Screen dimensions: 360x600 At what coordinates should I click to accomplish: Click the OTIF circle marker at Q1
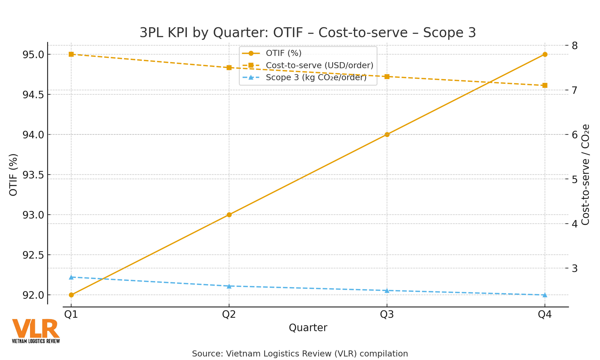click(71, 295)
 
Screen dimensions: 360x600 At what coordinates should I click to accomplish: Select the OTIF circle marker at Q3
click(387, 134)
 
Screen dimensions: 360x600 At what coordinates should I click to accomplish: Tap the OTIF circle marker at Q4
click(545, 54)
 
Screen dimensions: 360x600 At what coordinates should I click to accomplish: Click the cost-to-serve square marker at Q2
click(229, 67)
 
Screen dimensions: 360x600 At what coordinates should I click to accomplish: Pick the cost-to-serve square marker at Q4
click(545, 85)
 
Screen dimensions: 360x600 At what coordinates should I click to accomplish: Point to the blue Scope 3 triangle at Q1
click(71, 277)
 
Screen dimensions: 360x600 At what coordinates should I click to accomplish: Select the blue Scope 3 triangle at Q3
click(387, 291)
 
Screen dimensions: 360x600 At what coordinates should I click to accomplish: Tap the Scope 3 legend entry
click(316, 77)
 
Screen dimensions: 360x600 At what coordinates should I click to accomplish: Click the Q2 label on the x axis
click(229, 315)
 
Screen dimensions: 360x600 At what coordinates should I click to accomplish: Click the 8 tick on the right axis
click(574, 46)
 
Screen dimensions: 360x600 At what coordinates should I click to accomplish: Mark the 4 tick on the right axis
click(574, 224)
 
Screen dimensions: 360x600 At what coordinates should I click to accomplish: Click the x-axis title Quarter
click(308, 328)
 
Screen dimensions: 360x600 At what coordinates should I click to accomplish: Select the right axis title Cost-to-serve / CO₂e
click(585, 175)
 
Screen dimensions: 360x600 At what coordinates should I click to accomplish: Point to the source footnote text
click(300, 354)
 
